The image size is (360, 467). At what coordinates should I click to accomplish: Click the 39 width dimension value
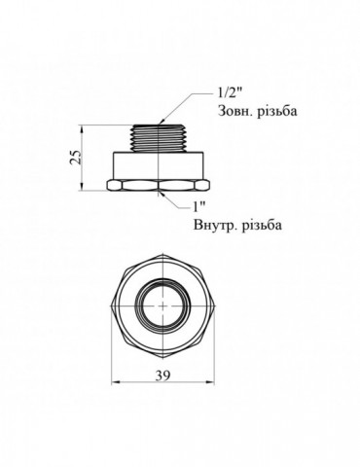pyautogui.click(x=162, y=376)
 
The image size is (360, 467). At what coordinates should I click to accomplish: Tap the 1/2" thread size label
pyautogui.click(x=231, y=94)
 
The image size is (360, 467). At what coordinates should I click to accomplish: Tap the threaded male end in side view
pyautogui.click(x=159, y=138)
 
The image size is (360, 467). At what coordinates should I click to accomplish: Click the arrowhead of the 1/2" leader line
pyautogui.click(x=162, y=122)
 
